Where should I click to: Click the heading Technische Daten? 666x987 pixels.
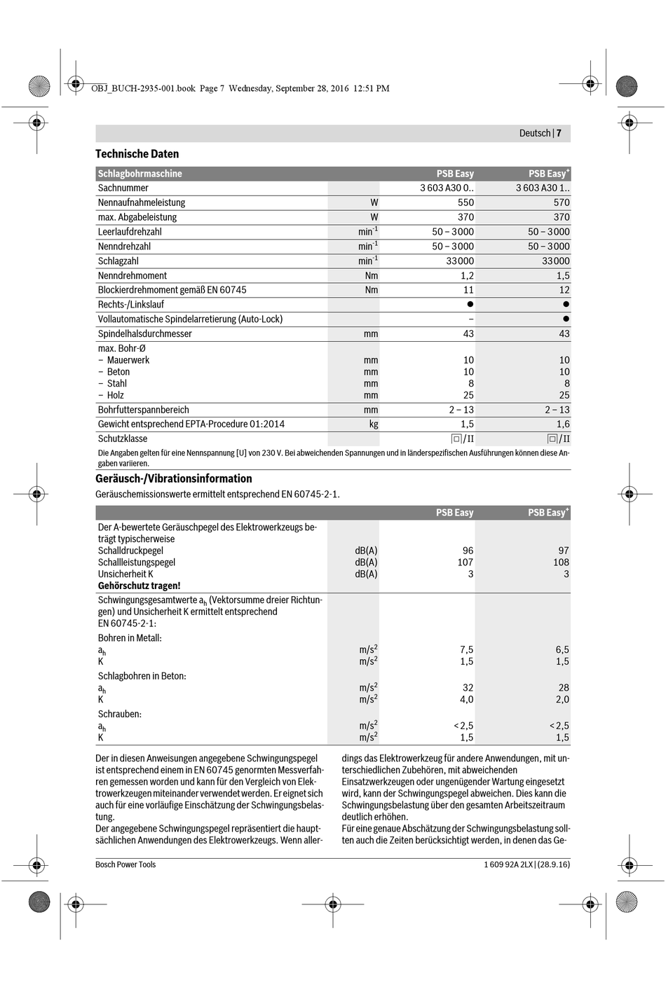click(137, 154)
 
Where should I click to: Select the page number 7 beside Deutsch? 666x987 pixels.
click(559, 133)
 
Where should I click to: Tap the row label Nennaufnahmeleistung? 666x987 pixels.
click(142, 202)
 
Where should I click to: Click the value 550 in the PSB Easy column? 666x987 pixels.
click(465, 202)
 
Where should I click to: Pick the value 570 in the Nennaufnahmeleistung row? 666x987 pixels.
click(562, 202)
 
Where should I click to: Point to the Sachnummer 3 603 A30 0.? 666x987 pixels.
click(447, 188)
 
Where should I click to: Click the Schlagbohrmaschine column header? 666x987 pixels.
click(140, 174)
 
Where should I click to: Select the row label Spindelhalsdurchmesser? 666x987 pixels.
click(145, 334)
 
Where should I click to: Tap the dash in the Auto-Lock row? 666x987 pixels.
click(470, 319)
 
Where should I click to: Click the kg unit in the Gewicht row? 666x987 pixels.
click(374, 424)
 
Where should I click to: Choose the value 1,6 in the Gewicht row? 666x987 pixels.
click(563, 424)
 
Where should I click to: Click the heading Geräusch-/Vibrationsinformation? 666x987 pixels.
click(174, 479)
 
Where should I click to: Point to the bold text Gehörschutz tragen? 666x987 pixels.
click(139, 586)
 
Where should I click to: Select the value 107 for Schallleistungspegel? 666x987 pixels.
click(465, 562)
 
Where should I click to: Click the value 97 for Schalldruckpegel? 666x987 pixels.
click(564, 551)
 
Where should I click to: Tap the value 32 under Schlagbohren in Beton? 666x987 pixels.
click(468, 688)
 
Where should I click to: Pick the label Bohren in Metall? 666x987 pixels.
click(130, 638)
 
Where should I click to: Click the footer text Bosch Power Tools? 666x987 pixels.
click(125, 864)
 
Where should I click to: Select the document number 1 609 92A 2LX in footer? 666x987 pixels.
click(508, 864)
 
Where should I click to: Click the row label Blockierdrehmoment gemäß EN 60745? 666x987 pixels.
click(172, 290)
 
